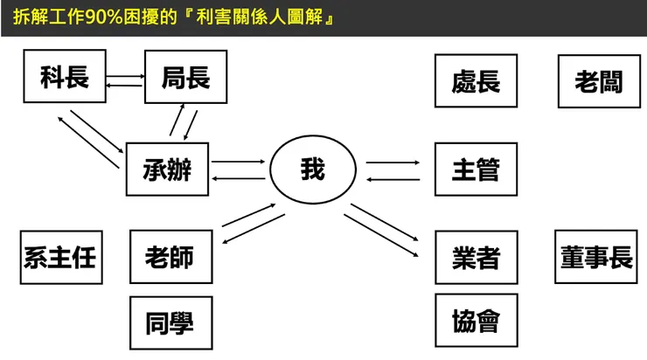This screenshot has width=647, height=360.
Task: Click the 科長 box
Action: pos(65,76)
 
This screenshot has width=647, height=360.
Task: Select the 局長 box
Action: pos(185,77)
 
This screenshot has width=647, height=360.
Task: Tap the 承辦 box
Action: pos(167,169)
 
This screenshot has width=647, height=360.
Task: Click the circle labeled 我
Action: pos(313,169)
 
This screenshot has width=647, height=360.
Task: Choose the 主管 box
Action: pos(476,169)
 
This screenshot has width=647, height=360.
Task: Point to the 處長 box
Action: pos(476,80)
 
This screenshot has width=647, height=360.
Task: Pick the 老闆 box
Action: pos(599,81)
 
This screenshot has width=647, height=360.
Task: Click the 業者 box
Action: pos(477,257)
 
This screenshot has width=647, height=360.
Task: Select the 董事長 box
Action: pos(596,257)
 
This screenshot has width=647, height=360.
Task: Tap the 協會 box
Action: pos(477,321)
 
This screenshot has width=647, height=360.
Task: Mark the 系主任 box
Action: pos(61,257)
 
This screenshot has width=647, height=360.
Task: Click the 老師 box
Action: pos(171,257)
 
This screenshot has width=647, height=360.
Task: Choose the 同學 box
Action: pos(171,323)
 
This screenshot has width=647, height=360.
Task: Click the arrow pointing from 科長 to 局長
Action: pos(125,76)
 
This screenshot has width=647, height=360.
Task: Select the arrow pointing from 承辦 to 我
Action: pos(238,162)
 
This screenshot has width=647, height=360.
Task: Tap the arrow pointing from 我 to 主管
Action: pos(393,163)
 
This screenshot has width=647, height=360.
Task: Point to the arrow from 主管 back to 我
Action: pos(393,179)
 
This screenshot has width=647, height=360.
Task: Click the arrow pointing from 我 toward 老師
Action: pos(254,228)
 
